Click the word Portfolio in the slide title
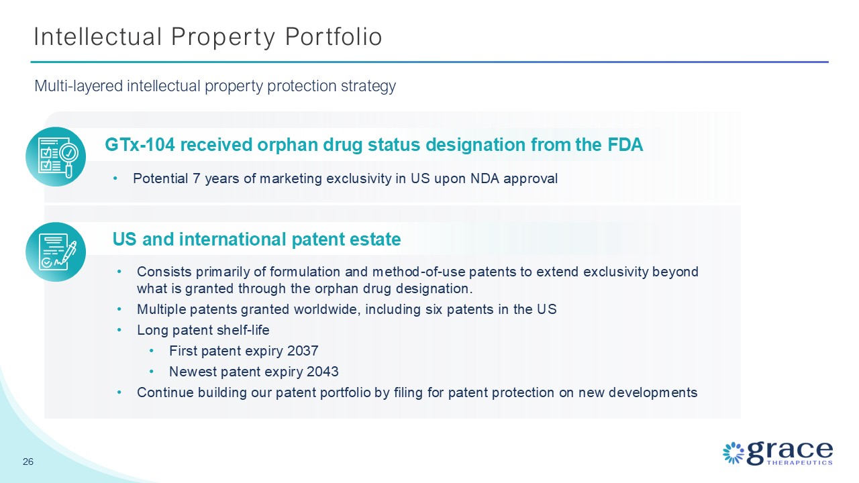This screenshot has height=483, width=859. coord(334,37)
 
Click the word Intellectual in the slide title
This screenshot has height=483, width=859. coord(98,37)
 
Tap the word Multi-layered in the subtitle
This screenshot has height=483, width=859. coord(79,87)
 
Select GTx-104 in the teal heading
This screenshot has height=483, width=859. coord(140,145)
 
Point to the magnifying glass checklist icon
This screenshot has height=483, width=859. coord(56,157)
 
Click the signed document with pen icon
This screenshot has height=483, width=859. coord(56,252)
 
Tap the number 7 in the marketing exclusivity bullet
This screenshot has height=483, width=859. coord(197,178)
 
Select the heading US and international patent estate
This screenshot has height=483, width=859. coord(256,239)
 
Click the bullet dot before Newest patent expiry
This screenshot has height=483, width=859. coord(152,372)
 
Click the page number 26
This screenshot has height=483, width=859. coord(28,462)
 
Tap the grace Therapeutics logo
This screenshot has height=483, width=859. coord(778,453)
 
